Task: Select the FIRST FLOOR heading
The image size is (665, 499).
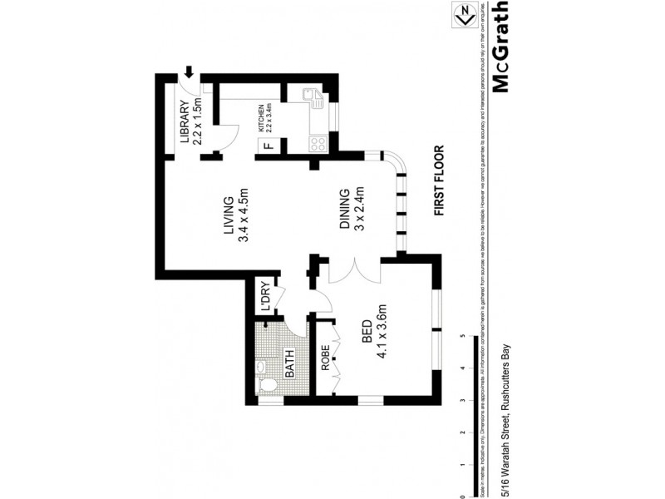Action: (440, 181)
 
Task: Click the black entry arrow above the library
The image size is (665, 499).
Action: (190, 74)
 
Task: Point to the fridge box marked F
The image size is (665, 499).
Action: (267, 147)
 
